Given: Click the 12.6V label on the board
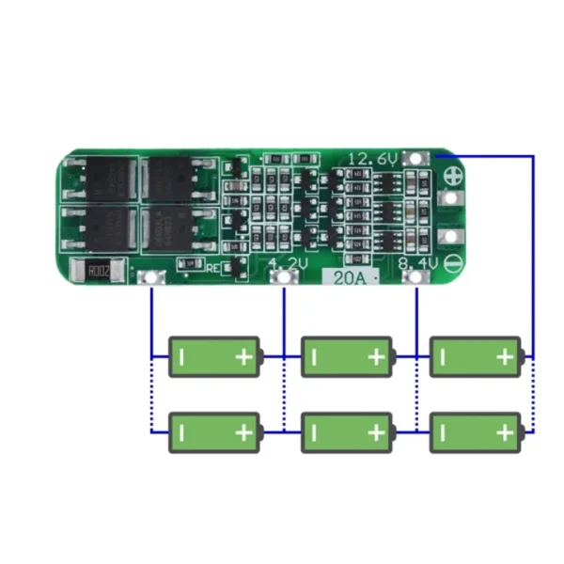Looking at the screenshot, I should pyautogui.click(x=373, y=160).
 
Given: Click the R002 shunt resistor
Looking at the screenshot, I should pyautogui.click(x=99, y=271).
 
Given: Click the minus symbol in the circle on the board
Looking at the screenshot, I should pyautogui.click(x=452, y=265).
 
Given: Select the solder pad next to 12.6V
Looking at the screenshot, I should pyautogui.click(x=415, y=160).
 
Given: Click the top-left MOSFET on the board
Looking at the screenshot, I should pyautogui.click(x=101, y=178).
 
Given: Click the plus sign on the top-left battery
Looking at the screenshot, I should pyautogui.click(x=244, y=356).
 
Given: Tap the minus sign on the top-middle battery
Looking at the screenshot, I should pyautogui.click(x=315, y=356).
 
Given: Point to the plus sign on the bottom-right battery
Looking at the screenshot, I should pyautogui.click(x=505, y=432).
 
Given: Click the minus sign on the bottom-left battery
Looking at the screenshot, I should pyautogui.click(x=182, y=432).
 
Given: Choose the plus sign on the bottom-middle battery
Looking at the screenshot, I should pyautogui.click(x=376, y=432).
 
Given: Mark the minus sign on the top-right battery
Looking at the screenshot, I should pyautogui.click(x=444, y=356).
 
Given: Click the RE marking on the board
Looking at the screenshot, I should pyautogui.click(x=212, y=268).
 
